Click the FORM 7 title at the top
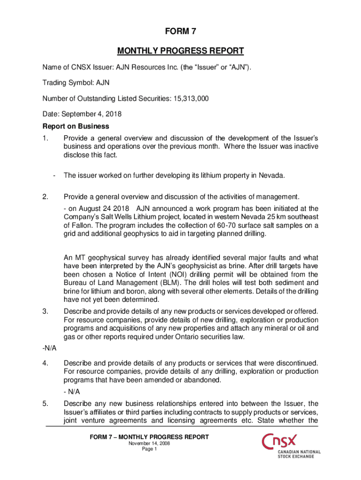(180, 32)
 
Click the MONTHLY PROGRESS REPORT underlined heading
(180, 51)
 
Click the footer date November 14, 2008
(149, 443)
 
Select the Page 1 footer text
(149, 449)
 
